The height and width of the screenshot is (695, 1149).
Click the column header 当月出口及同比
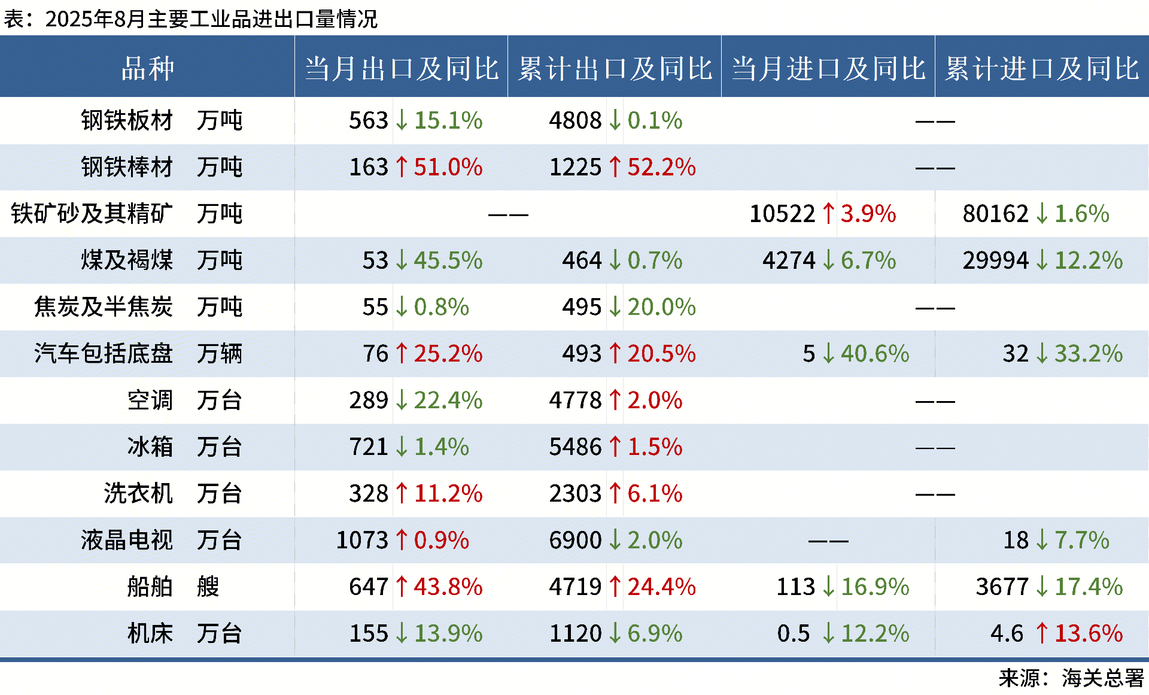coord(401,68)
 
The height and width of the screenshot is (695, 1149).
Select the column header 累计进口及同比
coord(1042,68)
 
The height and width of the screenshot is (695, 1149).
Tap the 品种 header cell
coord(147,68)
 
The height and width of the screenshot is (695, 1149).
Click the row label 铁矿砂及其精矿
coord(92,214)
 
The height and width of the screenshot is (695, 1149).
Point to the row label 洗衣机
coord(138,494)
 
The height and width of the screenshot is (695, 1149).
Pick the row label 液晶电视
coord(127,541)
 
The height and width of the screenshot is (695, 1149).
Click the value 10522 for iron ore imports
coord(782,214)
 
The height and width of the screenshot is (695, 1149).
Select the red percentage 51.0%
coord(448,167)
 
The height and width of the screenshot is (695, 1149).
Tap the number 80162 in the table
coord(995,214)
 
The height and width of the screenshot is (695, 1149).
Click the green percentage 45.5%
coord(448,260)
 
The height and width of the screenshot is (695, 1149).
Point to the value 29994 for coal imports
coord(995,260)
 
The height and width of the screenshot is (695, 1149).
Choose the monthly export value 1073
coord(362,541)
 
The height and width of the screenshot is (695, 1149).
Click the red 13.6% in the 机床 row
coord(1088,633)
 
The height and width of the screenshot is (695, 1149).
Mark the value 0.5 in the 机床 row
coord(793,633)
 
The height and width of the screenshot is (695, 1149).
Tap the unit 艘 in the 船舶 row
coord(208,587)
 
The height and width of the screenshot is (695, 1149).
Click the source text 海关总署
coord(1102,678)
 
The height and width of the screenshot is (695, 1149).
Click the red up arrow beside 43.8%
coord(402,587)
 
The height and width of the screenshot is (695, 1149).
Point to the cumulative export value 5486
coord(575,447)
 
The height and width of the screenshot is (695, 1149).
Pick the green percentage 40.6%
coord(874,354)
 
